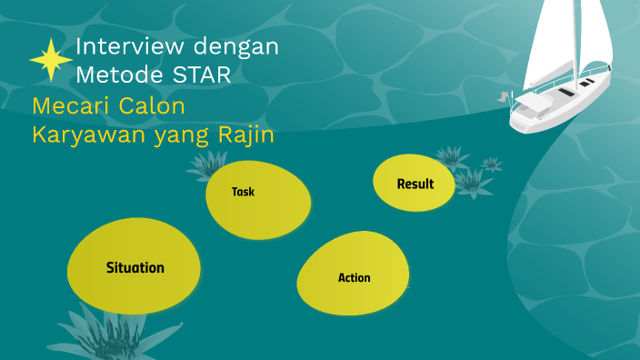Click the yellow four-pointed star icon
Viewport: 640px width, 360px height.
[51, 61]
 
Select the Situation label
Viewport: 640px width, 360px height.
[135, 267]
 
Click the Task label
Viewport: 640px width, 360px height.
[243, 192]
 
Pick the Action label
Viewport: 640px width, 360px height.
[354, 277]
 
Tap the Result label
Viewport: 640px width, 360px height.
[415, 184]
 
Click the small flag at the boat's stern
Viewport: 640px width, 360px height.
[502, 95]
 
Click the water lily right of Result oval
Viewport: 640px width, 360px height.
[472, 178]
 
